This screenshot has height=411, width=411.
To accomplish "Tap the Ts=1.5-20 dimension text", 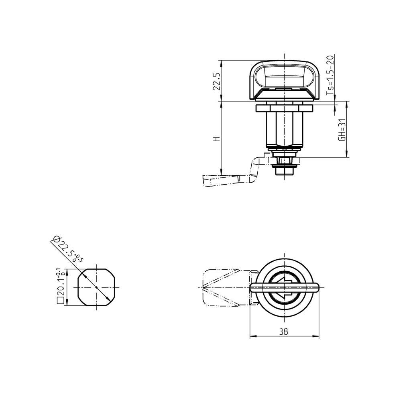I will (330, 75).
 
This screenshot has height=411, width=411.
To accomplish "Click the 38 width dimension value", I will (284, 332).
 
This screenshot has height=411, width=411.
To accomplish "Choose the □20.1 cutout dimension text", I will (60, 286).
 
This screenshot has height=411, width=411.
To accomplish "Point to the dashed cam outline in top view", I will (223, 288).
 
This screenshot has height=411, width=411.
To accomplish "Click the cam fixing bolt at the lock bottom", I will (284, 170).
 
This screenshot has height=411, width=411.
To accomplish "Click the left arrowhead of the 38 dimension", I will (252, 336).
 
